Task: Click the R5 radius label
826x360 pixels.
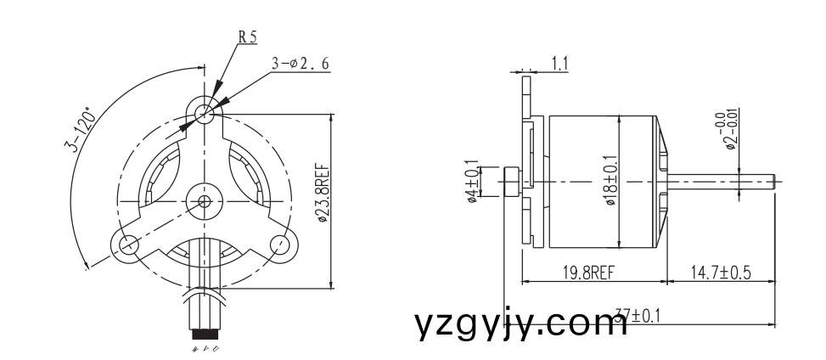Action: click(x=246, y=37)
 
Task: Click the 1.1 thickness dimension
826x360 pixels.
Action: click(x=560, y=62)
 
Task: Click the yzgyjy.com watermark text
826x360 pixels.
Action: click(x=521, y=323)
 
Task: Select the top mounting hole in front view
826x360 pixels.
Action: click(x=203, y=112)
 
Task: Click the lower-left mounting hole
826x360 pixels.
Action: click(x=128, y=245)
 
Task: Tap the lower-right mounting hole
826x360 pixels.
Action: click(x=279, y=245)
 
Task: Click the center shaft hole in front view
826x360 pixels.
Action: click(x=204, y=201)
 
